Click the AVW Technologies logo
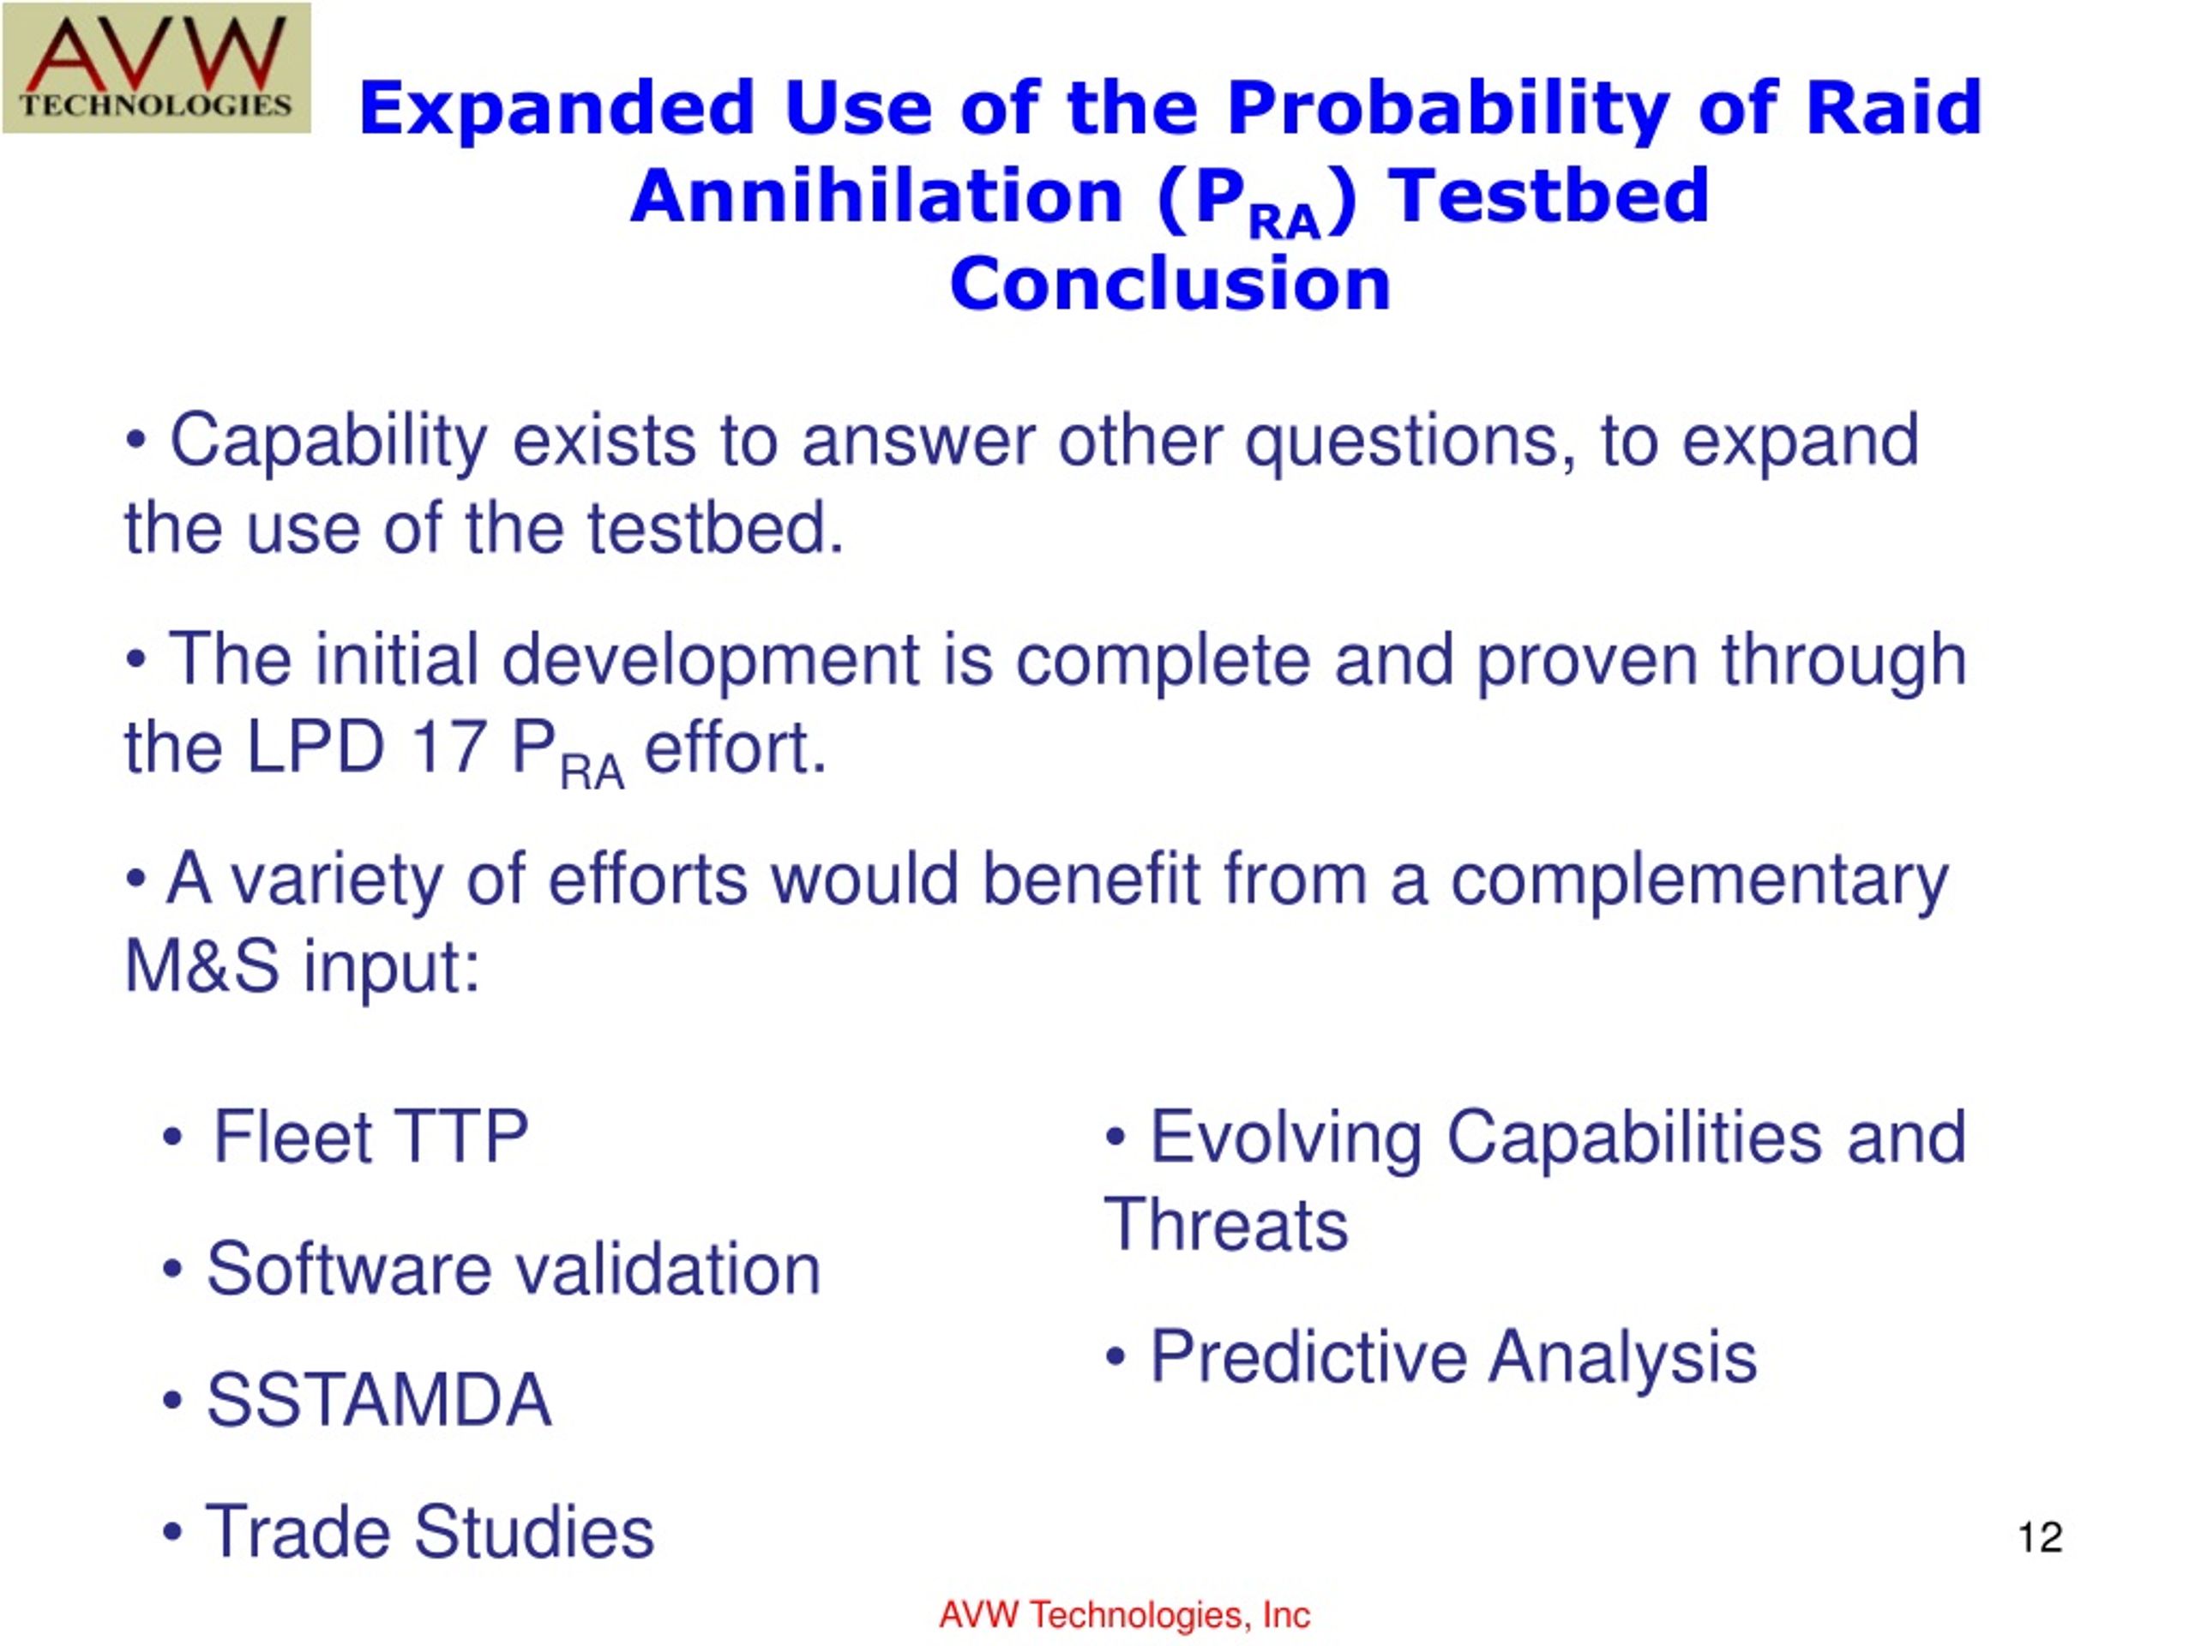(x=157, y=68)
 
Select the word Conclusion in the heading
(x=1170, y=284)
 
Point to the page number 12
(x=2040, y=1537)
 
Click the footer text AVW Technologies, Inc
(x=1124, y=1614)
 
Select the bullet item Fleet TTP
(x=346, y=1136)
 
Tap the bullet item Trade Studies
(x=408, y=1531)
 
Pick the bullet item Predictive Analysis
(x=1430, y=1356)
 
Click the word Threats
(x=1226, y=1224)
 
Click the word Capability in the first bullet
(x=329, y=443)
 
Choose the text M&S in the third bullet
(x=201, y=966)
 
